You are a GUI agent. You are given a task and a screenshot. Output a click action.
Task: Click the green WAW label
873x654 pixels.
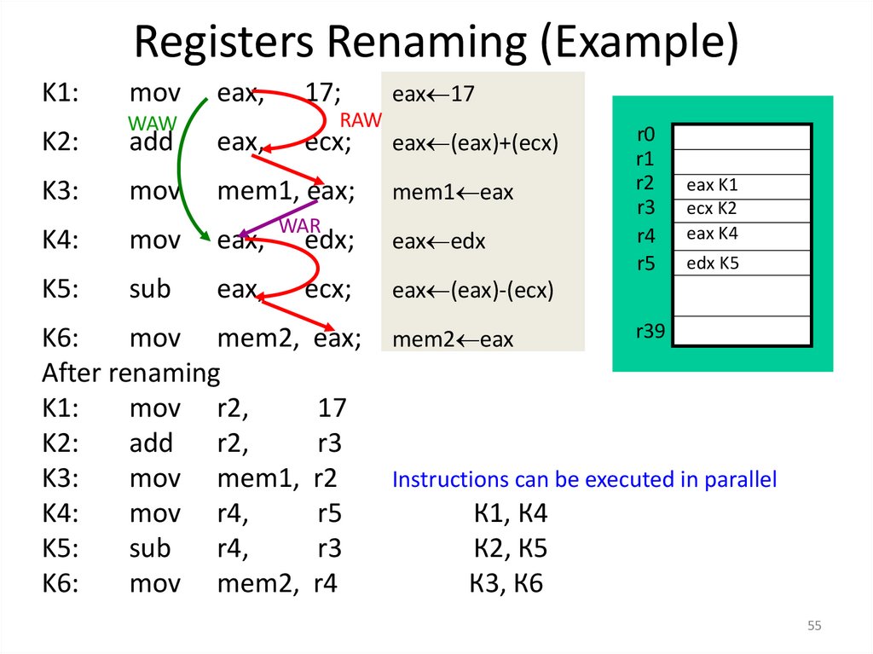152,122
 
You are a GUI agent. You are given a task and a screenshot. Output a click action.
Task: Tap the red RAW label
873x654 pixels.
361,119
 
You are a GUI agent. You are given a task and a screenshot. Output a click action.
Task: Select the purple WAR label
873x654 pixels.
299,226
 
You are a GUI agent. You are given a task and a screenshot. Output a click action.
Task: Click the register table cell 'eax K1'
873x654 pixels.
712,186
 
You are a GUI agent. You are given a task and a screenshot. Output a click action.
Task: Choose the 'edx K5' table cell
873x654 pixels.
712,263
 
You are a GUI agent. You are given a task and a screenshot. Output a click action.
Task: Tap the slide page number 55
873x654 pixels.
814,627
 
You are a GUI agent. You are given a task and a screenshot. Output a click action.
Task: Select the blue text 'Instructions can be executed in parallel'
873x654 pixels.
584,480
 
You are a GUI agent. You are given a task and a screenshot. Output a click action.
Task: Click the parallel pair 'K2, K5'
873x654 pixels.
510,548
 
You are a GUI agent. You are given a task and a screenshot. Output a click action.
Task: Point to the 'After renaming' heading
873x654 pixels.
130,373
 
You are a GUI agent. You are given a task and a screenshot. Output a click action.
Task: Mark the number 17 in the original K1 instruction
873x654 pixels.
322,93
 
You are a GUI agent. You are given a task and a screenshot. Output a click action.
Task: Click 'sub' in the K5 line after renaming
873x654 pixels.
150,548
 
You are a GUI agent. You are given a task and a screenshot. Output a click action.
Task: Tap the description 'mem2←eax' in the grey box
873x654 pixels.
453,339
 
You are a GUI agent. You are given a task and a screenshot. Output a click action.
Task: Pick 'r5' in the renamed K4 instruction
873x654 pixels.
329,513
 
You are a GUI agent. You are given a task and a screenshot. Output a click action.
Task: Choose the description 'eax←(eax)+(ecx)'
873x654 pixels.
475,143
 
